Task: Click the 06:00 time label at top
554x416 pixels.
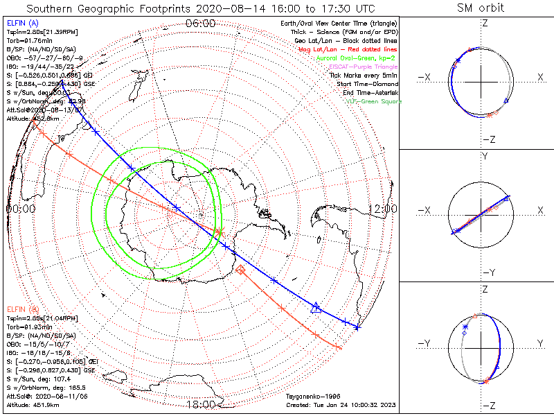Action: point(200,24)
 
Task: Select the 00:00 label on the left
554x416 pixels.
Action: point(20,209)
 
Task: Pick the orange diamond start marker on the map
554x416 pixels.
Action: point(240,270)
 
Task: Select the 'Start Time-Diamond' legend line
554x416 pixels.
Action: point(361,84)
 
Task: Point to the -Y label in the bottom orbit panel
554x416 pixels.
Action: point(426,344)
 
